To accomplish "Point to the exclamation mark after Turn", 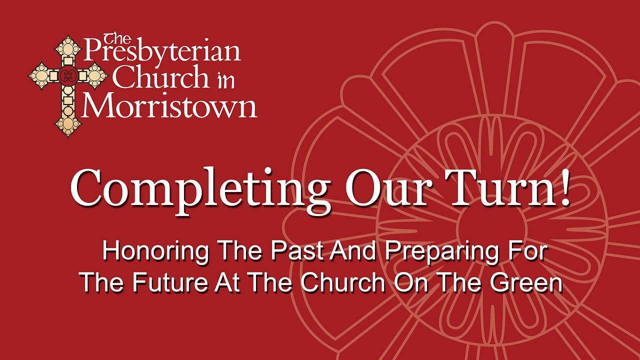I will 564,187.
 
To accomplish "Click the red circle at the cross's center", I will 66,76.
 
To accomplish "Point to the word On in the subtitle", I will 407,283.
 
